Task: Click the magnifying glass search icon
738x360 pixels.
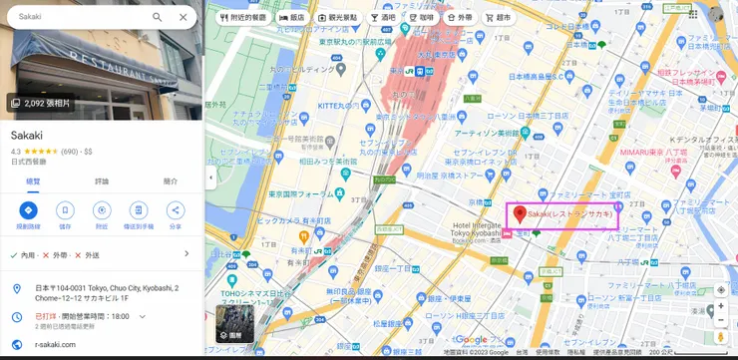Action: pyautogui.click(x=158, y=17)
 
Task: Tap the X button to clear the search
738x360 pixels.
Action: pyautogui.click(x=183, y=17)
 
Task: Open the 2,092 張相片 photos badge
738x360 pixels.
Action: pyautogui.click(x=41, y=103)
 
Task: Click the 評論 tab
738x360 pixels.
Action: pyautogui.click(x=102, y=181)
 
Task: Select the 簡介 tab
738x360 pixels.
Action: pyautogui.click(x=170, y=181)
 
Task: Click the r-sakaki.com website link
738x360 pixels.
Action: pyautogui.click(x=55, y=344)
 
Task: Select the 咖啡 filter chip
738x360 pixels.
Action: pyautogui.click(x=421, y=18)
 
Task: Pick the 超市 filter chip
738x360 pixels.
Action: pyautogui.click(x=498, y=18)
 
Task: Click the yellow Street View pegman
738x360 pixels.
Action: pyautogui.click(x=720, y=322)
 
